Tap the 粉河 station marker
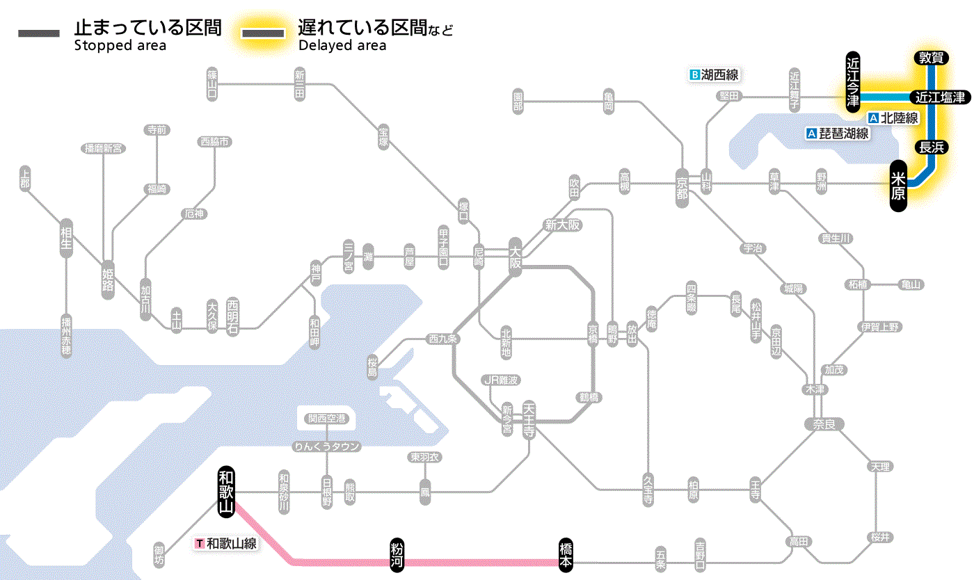click(x=397, y=555)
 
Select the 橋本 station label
click(x=566, y=555)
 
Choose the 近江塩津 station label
click(x=940, y=97)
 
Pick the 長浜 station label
click(x=931, y=147)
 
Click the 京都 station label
click(x=682, y=184)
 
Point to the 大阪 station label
click(x=515, y=257)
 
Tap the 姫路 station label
click(x=108, y=279)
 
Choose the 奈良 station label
click(x=824, y=424)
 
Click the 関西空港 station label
click(x=327, y=419)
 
